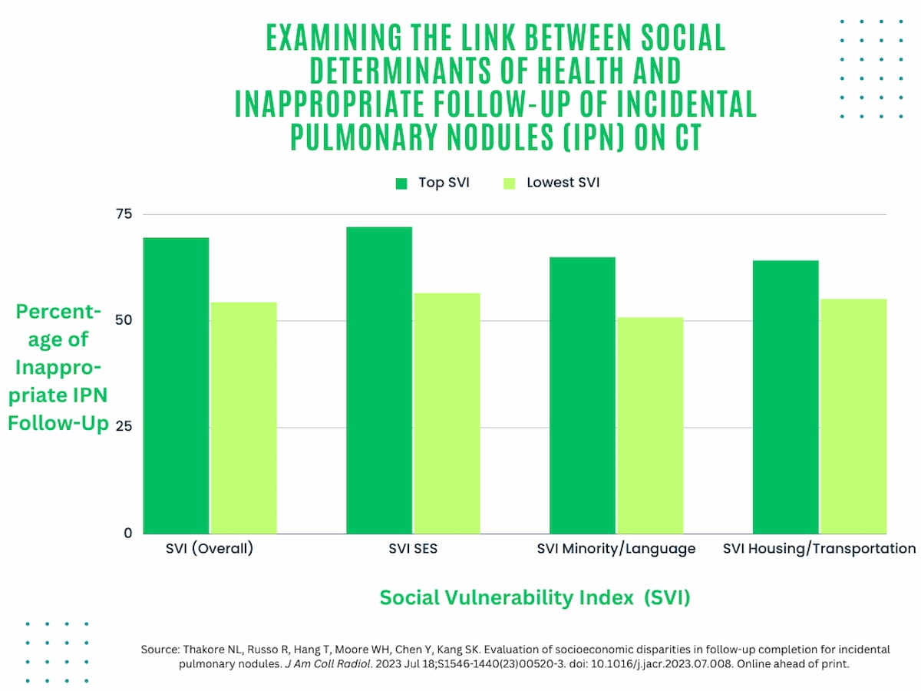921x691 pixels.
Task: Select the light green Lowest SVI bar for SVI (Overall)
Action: tap(243, 418)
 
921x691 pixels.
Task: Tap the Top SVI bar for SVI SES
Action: tap(379, 380)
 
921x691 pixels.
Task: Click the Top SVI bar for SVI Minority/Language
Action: tap(583, 395)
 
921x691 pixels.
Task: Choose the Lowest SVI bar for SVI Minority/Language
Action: tap(650, 425)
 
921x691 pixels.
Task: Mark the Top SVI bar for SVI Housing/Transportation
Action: tap(785, 397)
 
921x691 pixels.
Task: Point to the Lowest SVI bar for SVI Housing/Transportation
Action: tap(853, 416)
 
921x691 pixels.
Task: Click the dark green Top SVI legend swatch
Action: tap(401, 183)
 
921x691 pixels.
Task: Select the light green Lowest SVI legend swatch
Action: tap(509, 183)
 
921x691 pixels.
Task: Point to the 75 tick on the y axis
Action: tap(124, 213)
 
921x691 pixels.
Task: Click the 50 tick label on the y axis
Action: tap(124, 320)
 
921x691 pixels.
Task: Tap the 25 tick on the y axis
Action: tap(124, 426)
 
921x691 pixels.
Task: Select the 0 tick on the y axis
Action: tap(127, 533)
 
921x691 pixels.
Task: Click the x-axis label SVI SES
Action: tap(413, 549)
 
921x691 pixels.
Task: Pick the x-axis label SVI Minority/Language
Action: tap(616, 549)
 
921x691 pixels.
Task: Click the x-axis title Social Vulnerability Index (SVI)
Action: tap(535, 598)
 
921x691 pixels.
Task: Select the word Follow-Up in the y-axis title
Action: tap(58, 423)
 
